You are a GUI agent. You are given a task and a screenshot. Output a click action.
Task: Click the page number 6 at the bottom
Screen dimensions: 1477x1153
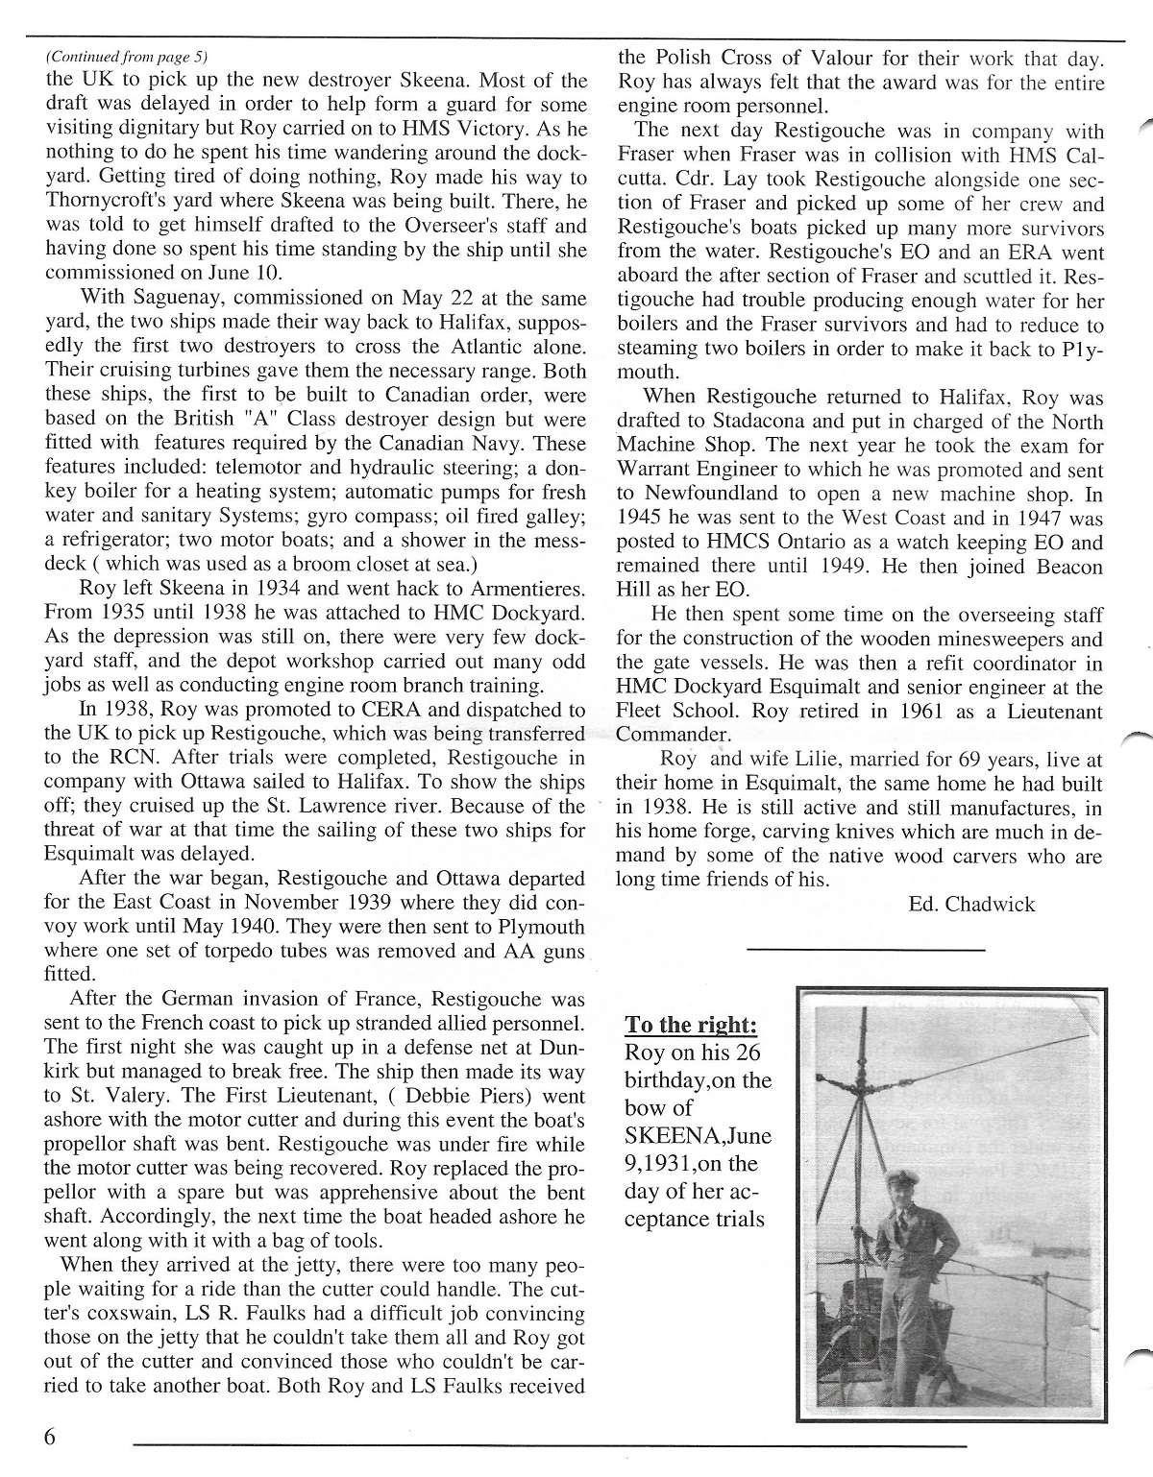[x=50, y=1437]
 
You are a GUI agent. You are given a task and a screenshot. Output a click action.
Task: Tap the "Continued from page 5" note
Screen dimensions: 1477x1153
[x=126, y=57]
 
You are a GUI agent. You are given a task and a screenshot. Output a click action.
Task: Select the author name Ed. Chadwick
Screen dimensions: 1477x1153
[x=970, y=904]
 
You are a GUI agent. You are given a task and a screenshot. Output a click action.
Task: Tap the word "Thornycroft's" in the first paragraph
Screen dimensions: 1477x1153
[x=102, y=203]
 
